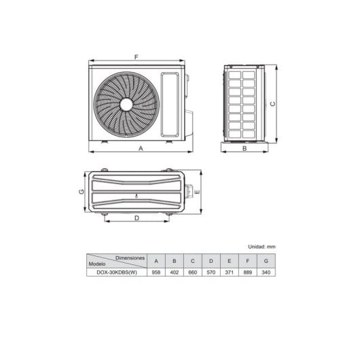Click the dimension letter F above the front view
tap(136, 57)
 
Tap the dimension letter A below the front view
tap(139, 147)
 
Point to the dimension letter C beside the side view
tap(272, 104)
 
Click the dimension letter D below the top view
tap(137, 218)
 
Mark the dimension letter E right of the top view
tap(196, 192)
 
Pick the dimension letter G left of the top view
tap(81, 192)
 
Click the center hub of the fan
tap(126, 104)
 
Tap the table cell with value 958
tap(156, 273)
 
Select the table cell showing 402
tap(175, 273)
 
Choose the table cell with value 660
tap(193, 273)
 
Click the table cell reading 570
tap(211, 273)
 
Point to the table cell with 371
tap(230, 273)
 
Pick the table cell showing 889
tap(249, 273)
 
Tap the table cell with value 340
tap(267, 273)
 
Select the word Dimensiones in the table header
tap(130, 258)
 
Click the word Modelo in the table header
tap(99, 264)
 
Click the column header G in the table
tap(267, 262)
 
